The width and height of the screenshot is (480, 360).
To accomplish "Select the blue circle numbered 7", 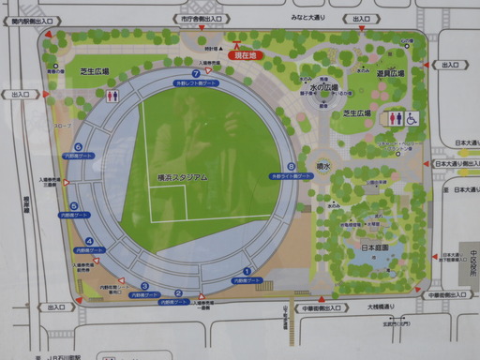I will pyautogui.click(x=195, y=72).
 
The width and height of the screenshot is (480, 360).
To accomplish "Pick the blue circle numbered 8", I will pyautogui.click(x=292, y=167).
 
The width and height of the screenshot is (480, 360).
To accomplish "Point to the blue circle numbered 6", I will pyautogui.click(x=79, y=146).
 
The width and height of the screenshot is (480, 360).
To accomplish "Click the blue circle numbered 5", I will pyautogui.click(x=73, y=206).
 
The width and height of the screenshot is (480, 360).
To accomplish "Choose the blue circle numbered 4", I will pyautogui.click(x=89, y=241).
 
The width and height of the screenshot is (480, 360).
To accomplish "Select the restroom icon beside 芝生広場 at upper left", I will pyautogui.click(x=112, y=96).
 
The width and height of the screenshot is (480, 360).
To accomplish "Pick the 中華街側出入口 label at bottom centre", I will pyautogui.click(x=321, y=307).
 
